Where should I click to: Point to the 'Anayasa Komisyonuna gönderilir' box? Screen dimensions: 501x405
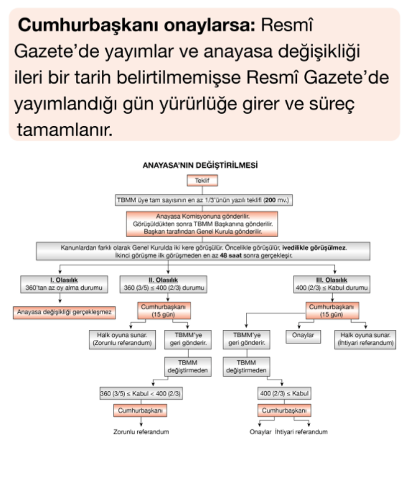click(202, 224)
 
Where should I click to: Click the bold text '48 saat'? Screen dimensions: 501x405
click(229, 255)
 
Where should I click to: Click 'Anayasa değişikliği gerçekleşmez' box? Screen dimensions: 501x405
click(64, 312)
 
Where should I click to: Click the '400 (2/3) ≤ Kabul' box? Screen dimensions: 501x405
click(284, 394)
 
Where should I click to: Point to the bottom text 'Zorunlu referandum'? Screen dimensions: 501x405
click(141, 432)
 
